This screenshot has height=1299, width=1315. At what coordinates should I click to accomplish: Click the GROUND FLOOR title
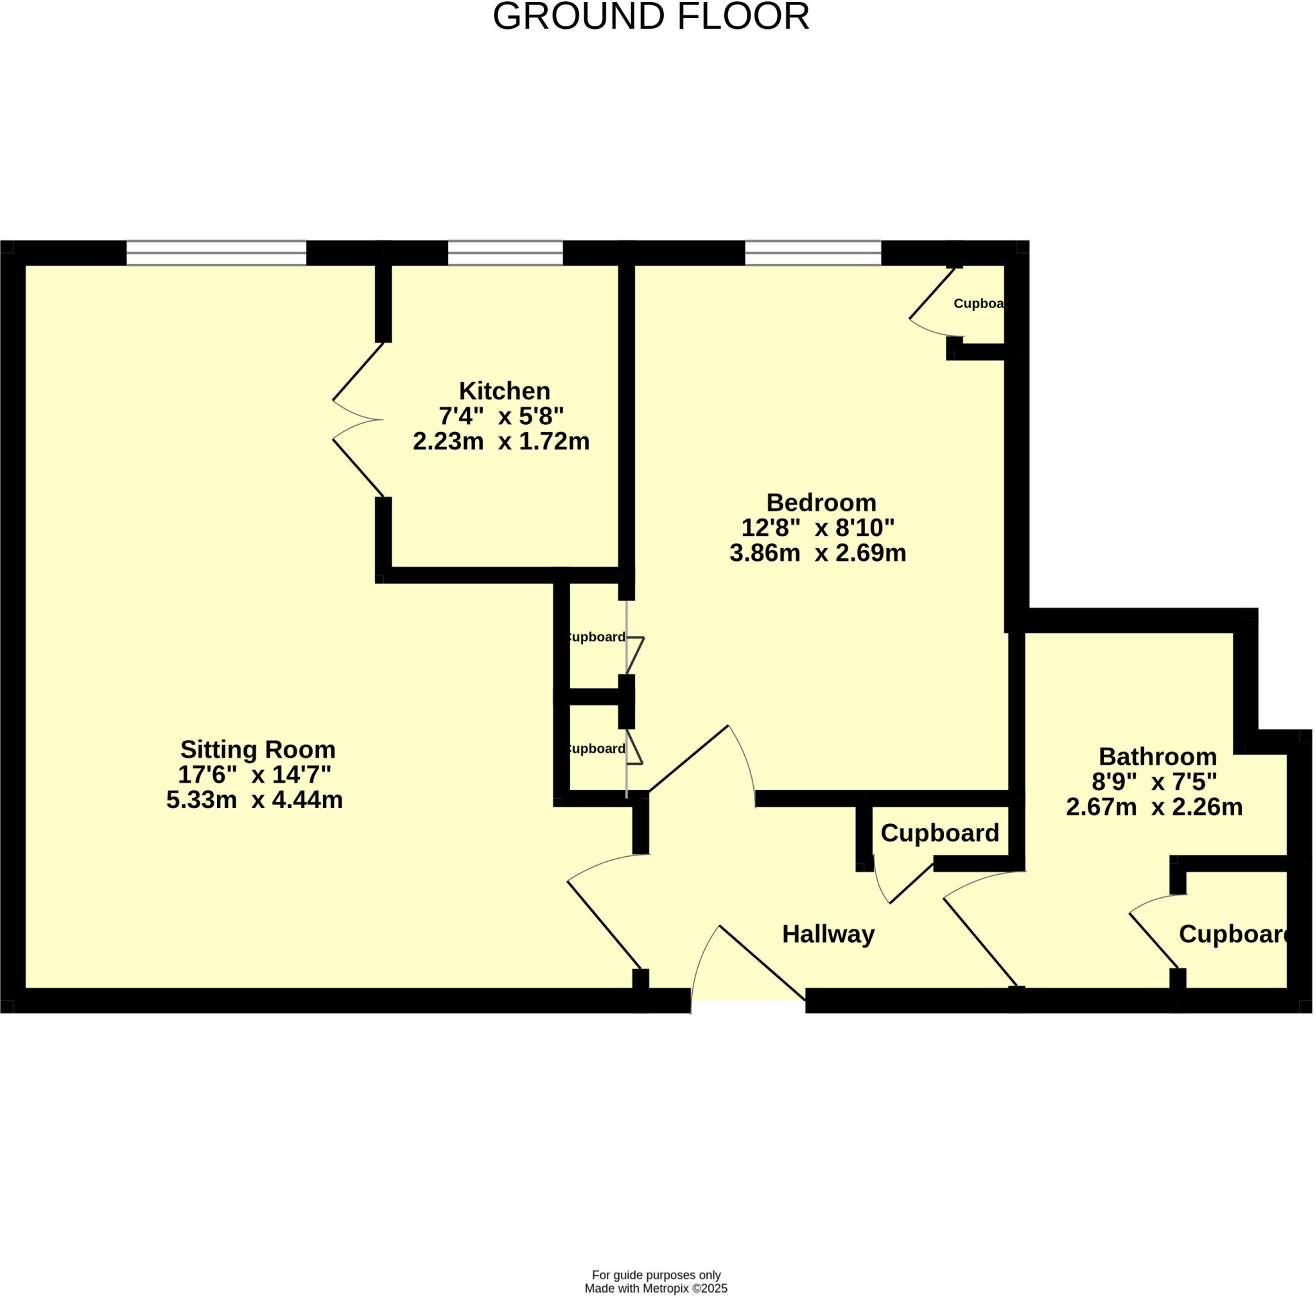650,17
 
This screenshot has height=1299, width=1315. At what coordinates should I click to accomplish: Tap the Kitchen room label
504,391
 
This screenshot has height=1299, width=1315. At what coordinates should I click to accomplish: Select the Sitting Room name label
257,749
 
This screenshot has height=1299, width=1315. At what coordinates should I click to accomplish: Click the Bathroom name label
1157,756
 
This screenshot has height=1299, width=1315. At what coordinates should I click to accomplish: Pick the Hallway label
828,934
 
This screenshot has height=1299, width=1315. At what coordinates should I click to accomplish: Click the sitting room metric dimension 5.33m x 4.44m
254,799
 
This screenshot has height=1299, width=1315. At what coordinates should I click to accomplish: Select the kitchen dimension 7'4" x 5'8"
501,415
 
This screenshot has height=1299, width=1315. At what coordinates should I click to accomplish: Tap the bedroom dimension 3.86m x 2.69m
817,553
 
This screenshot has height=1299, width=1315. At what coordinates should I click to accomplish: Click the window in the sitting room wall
216,253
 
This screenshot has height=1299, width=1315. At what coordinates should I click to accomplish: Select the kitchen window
505,253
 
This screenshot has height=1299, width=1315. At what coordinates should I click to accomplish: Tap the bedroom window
813,253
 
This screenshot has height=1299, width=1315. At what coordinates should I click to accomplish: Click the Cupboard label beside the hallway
939,832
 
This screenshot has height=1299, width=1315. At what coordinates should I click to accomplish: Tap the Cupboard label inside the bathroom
1233,934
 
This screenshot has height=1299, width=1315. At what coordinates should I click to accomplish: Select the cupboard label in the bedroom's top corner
978,304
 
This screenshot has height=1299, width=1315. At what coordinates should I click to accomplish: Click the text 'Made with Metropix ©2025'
656,1288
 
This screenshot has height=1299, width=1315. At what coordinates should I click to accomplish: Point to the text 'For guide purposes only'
656,1275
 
